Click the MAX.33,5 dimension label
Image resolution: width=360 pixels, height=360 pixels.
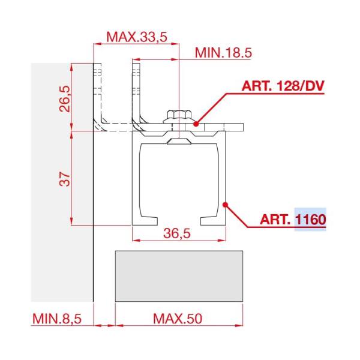137,37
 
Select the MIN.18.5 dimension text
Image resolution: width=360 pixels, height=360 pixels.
223,53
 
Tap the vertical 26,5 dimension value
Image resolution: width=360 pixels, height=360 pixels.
65,99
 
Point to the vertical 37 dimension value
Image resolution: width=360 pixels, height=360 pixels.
65,179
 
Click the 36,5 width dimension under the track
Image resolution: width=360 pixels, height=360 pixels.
177,233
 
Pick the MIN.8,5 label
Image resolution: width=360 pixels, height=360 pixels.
57,319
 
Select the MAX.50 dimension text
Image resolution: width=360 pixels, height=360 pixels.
178,319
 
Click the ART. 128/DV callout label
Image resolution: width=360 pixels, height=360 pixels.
283,86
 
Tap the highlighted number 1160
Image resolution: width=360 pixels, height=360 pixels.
311,219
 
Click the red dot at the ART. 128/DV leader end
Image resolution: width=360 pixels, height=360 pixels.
196,124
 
